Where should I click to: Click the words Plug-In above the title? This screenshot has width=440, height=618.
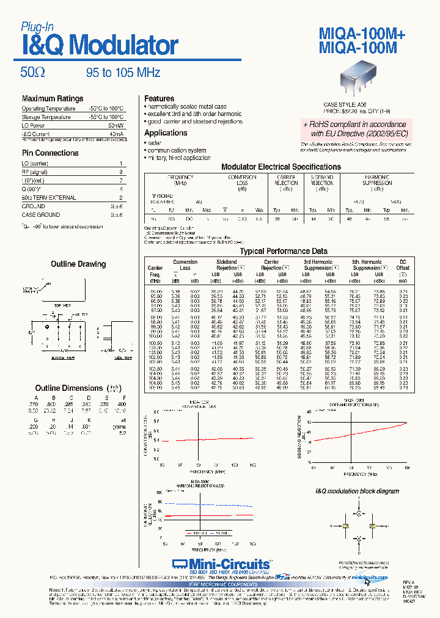[x=38, y=26]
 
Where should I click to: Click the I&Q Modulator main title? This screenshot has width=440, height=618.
[x=100, y=45]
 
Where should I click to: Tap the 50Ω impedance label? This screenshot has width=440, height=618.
[x=32, y=73]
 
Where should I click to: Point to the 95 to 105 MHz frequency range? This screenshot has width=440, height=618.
[x=123, y=73]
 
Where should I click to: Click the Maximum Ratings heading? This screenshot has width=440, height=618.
[x=53, y=98]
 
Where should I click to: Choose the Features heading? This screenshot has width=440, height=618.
[x=159, y=98]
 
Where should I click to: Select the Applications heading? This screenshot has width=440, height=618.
[x=166, y=133]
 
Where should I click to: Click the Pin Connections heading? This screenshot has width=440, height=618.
[x=50, y=153]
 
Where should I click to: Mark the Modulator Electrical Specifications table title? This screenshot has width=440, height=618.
[x=280, y=167]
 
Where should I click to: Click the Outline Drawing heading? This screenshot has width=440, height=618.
[x=78, y=264]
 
